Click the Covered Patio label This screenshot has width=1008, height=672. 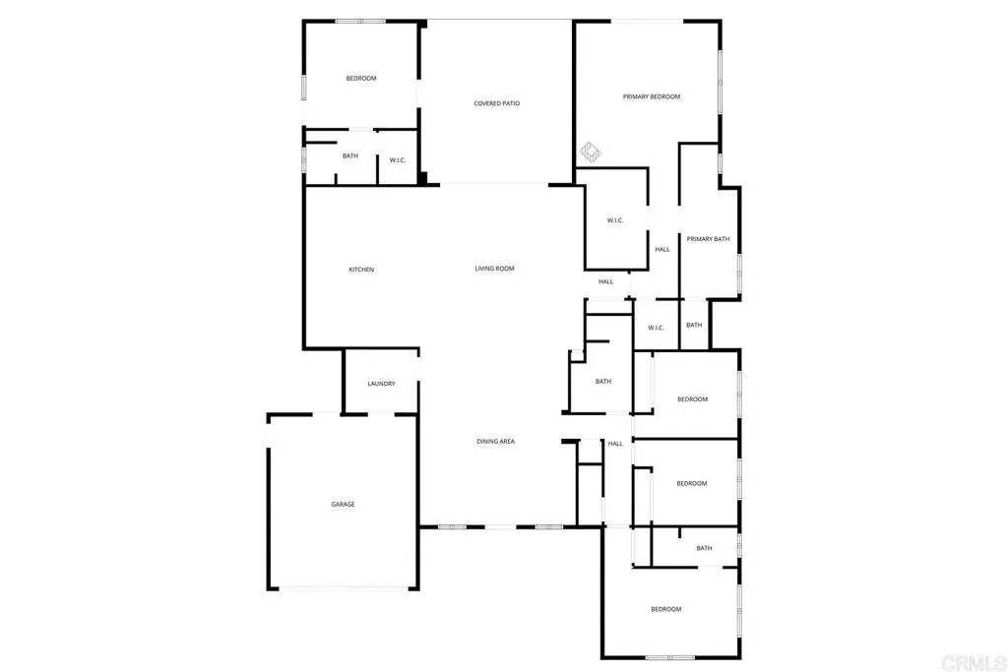496,103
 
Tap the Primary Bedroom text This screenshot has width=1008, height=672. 652,96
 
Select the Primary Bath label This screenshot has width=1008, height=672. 708,239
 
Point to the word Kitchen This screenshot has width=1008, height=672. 361,270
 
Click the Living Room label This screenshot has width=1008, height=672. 494,269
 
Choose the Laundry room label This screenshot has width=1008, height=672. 381,384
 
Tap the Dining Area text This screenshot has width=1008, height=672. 495,442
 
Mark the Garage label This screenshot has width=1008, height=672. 343,505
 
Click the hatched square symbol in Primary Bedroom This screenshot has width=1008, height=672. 591,153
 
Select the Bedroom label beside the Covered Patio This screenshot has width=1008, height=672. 360,79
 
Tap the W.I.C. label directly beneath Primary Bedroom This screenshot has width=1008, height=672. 615,220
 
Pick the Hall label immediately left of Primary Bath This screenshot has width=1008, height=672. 662,249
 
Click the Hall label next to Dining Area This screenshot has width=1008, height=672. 615,444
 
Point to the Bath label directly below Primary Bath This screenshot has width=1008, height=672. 694,326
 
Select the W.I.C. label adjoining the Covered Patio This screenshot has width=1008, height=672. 398,160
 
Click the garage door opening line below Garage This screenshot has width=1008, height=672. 343,588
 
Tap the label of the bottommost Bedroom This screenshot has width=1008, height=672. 665,610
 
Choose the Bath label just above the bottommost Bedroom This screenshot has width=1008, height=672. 704,549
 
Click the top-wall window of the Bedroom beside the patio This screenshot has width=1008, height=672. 360,22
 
